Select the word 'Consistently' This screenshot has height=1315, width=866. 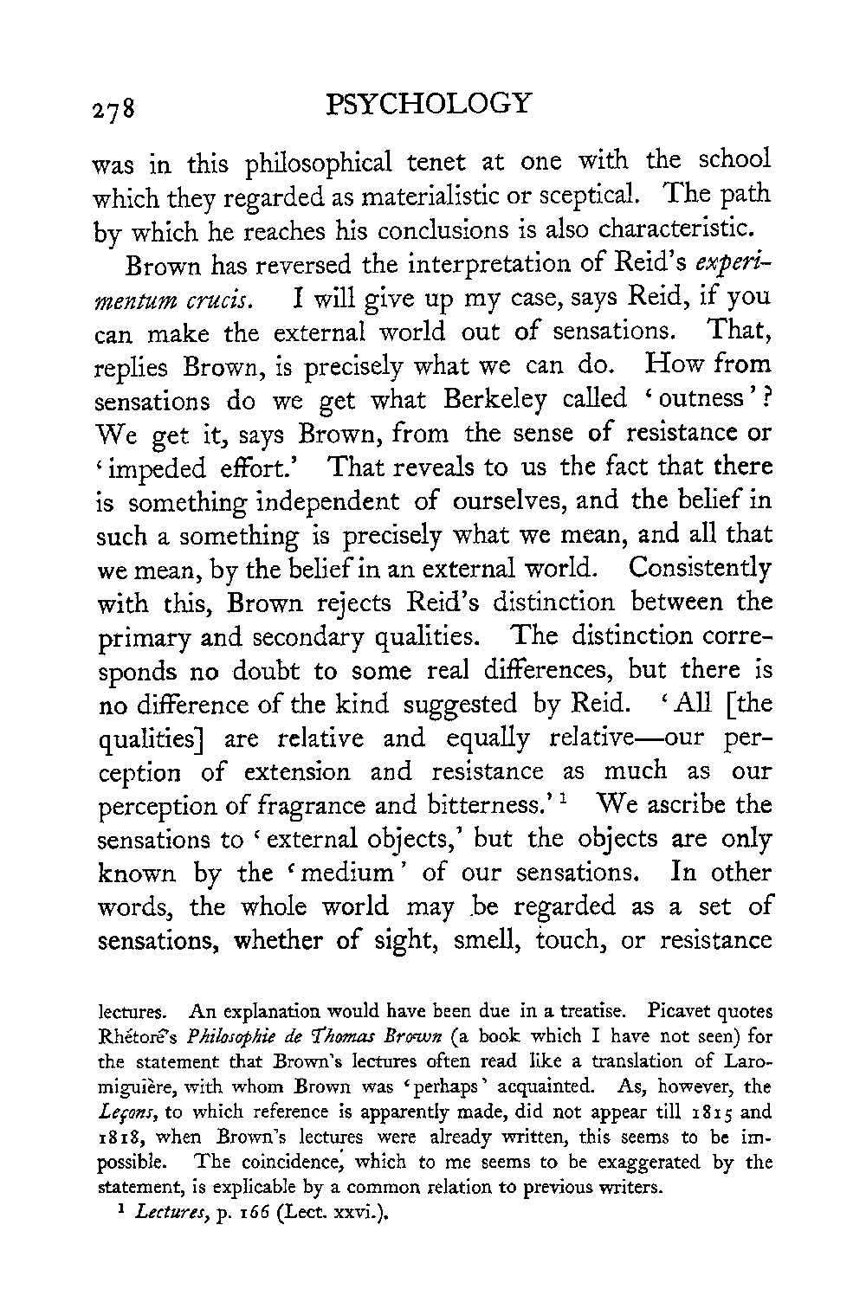click(700, 570)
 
